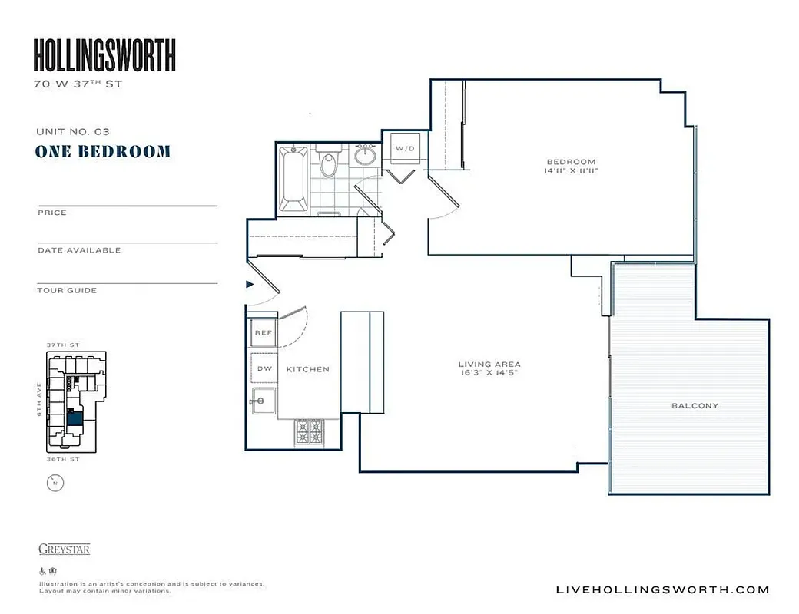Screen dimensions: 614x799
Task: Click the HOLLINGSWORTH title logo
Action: pyautogui.click(x=104, y=55)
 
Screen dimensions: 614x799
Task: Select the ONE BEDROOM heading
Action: pyautogui.click(x=103, y=151)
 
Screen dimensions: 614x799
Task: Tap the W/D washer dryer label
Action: pyautogui.click(x=405, y=147)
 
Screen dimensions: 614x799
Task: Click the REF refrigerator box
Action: pyautogui.click(x=263, y=333)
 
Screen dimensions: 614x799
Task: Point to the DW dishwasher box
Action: pyautogui.click(x=264, y=369)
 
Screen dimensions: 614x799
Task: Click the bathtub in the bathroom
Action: pyautogui.click(x=293, y=179)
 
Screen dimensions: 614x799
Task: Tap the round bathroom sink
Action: pyautogui.click(x=366, y=157)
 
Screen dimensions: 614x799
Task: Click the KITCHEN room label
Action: pyautogui.click(x=307, y=369)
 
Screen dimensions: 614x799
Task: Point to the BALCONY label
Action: pyautogui.click(x=695, y=405)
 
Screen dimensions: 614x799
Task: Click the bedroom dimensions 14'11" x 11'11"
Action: pyautogui.click(x=571, y=171)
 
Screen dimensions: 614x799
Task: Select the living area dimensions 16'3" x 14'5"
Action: pyautogui.click(x=489, y=374)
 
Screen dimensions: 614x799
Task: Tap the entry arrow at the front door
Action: pyautogui.click(x=250, y=284)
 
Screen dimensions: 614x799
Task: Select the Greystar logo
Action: pyautogui.click(x=64, y=549)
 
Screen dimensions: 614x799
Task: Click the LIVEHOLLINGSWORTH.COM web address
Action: pyautogui.click(x=661, y=589)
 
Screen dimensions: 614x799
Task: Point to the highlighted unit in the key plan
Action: pyautogui.click(x=75, y=418)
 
